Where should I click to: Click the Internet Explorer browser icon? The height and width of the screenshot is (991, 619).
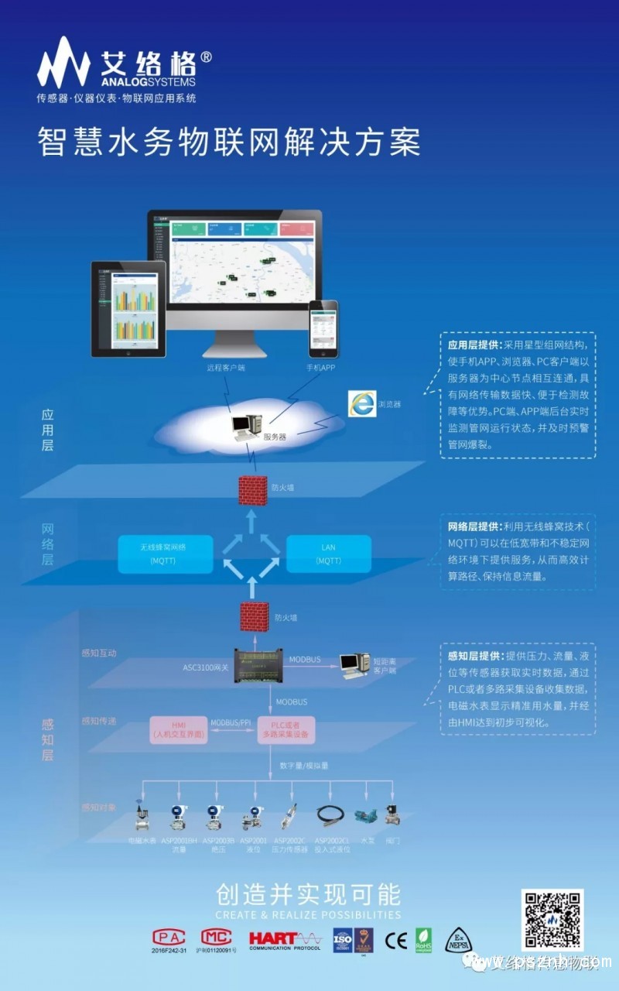361,403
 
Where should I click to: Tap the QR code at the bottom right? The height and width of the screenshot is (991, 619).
552,920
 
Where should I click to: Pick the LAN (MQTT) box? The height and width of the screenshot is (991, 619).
329,554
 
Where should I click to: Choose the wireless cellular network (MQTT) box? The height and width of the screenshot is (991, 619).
165,554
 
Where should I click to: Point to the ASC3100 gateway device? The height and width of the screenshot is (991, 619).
258,664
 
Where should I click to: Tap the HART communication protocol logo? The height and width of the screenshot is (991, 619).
284,939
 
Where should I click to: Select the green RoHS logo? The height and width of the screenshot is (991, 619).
423,939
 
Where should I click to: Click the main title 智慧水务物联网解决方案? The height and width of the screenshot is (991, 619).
230,143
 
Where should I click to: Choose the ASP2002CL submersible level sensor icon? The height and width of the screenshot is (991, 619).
331,815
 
